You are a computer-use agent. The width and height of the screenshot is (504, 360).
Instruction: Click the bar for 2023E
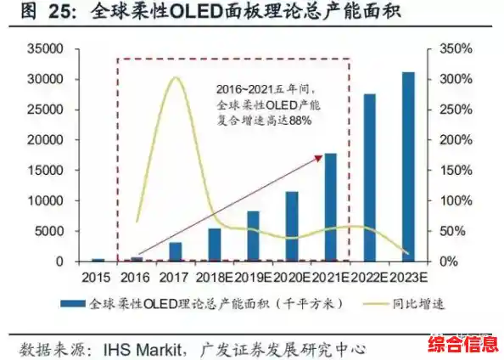(x=408, y=166)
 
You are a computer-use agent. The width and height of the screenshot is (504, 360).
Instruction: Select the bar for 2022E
(x=370, y=177)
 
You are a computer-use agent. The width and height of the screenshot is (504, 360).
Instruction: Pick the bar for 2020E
(x=292, y=226)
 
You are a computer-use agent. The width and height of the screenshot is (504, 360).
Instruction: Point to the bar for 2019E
(x=253, y=236)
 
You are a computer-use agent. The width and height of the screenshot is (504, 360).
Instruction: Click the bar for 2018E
(x=214, y=245)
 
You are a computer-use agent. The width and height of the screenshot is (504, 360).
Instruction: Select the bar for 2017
(x=175, y=251)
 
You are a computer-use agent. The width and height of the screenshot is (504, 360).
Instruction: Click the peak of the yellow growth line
(x=175, y=78)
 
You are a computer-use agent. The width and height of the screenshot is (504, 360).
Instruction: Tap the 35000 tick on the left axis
(x=48, y=49)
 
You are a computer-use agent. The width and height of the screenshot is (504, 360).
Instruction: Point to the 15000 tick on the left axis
(x=48, y=170)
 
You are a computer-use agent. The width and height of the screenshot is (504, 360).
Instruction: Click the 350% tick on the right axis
(x=454, y=49)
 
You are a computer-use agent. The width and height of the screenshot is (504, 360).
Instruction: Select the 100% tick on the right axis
(x=454, y=200)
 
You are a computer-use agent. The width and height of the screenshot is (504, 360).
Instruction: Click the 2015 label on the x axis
(x=98, y=276)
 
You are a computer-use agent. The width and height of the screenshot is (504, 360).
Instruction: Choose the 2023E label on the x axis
(x=410, y=276)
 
